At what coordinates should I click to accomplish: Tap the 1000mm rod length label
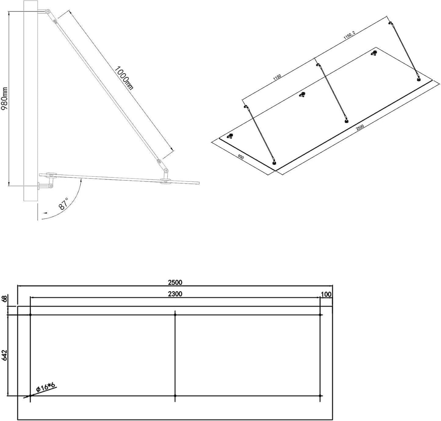click(x=124, y=77)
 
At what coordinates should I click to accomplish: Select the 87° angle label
click(x=63, y=203)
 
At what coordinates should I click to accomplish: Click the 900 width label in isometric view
click(x=240, y=158)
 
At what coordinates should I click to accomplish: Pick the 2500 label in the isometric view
click(x=360, y=127)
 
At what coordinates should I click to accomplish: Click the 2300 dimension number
click(x=175, y=294)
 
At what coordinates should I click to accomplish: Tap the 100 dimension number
click(x=326, y=294)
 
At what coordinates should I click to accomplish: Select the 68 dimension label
click(x=4, y=298)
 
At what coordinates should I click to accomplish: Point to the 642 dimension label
click(x=4, y=356)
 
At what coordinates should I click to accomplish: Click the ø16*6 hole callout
click(x=45, y=388)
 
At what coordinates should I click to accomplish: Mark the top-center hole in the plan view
click(x=175, y=315)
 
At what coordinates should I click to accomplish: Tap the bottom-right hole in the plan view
click(x=320, y=396)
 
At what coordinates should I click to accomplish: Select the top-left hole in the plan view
click(x=30, y=315)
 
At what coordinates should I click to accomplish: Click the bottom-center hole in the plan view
click(x=175, y=396)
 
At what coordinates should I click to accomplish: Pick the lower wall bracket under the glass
click(x=46, y=185)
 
